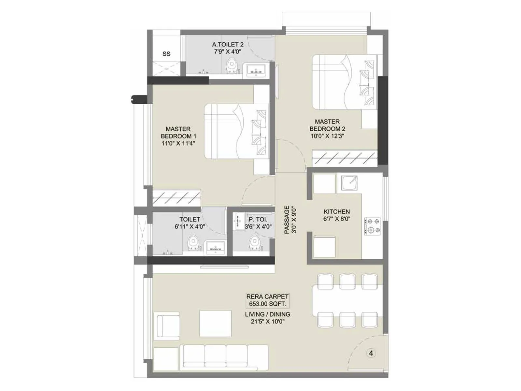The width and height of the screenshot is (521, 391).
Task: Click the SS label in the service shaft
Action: click(x=166, y=54)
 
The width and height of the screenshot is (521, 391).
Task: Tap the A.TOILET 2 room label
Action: click(x=228, y=44)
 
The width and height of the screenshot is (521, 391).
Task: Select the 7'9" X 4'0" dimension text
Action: click(x=228, y=51)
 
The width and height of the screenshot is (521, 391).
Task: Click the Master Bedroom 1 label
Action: click(x=178, y=133)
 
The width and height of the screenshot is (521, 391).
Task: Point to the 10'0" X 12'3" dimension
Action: click(x=327, y=136)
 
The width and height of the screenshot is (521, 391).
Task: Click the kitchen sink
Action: click(x=349, y=183)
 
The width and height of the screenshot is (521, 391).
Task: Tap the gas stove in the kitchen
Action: click(x=372, y=226)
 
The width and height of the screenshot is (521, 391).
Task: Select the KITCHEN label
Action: click(x=337, y=211)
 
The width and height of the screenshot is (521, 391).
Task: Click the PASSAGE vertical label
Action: click(x=287, y=220)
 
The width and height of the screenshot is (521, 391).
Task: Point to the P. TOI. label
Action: click(x=258, y=220)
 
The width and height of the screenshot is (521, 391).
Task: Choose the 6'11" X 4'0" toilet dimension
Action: click(x=190, y=226)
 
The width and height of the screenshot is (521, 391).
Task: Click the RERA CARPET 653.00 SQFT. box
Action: click(x=267, y=300)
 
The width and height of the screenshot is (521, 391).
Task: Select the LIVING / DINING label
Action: click(x=267, y=314)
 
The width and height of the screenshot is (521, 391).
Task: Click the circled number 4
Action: click(x=371, y=353)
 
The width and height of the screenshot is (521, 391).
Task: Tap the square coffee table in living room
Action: click(x=215, y=324)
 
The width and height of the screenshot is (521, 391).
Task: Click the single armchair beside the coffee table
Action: click(x=168, y=326)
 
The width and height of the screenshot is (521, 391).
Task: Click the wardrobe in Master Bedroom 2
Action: click(x=345, y=158)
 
